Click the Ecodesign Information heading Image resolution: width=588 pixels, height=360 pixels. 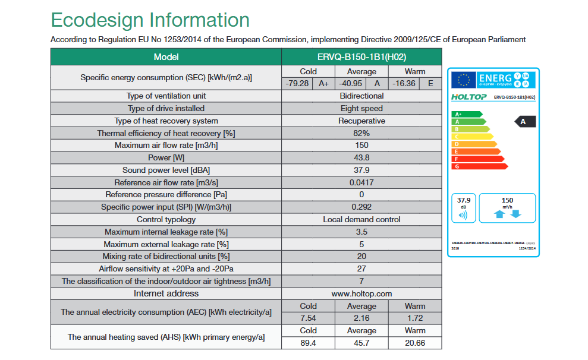(150, 20)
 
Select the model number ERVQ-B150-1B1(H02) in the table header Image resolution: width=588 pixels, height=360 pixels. (361, 57)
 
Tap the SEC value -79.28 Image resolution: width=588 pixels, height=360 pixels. (297, 83)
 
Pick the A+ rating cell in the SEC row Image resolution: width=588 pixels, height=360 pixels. (323, 83)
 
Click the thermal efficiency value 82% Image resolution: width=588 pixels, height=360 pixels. (361, 133)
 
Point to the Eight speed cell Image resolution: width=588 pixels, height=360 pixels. (361, 108)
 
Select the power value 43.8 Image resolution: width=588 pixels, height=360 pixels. (361, 158)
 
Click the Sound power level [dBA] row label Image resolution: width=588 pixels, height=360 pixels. (166, 170)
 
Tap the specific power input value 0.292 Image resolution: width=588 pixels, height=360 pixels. (361, 207)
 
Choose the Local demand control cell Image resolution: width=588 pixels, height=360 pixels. (361, 219)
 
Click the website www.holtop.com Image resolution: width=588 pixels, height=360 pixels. (361, 293)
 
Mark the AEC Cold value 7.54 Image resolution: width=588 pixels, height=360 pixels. (308, 318)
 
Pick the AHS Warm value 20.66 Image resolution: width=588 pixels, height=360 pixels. (415, 343)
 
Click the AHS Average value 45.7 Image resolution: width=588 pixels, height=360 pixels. (361, 343)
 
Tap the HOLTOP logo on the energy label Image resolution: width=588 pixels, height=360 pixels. (470, 97)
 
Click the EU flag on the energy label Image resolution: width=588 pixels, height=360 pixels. (464, 80)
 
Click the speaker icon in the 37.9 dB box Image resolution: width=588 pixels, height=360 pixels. (463, 214)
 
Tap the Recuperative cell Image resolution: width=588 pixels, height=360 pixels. (361, 121)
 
